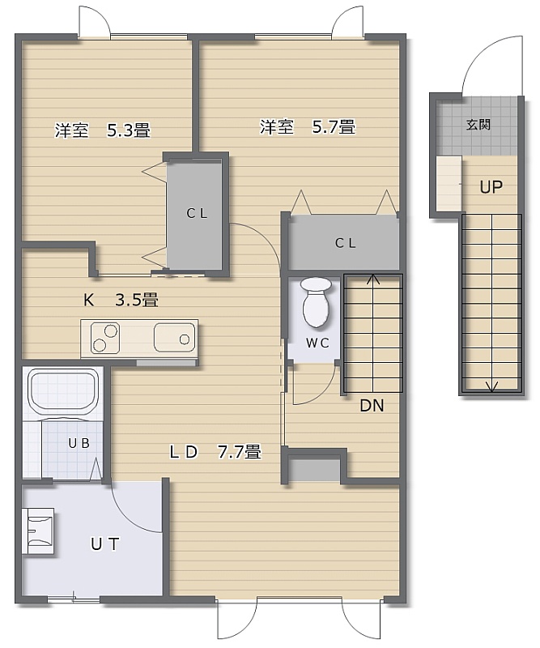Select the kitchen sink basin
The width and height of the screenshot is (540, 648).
pyautogui.click(x=174, y=338)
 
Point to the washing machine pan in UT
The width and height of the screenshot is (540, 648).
pyautogui.click(x=40, y=531)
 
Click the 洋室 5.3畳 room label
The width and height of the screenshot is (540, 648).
pyautogui.click(x=103, y=130)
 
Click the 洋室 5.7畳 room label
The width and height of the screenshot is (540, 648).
pyautogui.click(x=308, y=126)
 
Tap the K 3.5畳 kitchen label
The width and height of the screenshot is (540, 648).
pyautogui.click(x=121, y=300)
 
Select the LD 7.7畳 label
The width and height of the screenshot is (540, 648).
pyautogui.click(x=215, y=452)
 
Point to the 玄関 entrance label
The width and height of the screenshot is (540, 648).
pyautogui.click(x=478, y=125)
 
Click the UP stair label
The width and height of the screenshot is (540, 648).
pyautogui.click(x=491, y=188)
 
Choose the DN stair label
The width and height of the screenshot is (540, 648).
pyautogui.click(x=372, y=406)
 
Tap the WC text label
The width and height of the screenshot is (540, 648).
pyautogui.click(x=317, y=343)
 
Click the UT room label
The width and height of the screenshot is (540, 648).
pyautogui.click(x=105, y=544)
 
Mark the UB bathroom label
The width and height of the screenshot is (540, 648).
pyautogui.click(x=79, y=443)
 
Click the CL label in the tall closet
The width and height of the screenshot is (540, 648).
pyautogui.click(x=197, y=213)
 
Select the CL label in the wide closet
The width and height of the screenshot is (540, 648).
pyautogui.click(x=346, y=243)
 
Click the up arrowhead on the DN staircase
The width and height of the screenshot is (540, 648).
pyautogui.click(x=373, y=278)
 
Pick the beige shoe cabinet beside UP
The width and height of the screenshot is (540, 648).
pyautogui.click(x=449, y=183)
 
